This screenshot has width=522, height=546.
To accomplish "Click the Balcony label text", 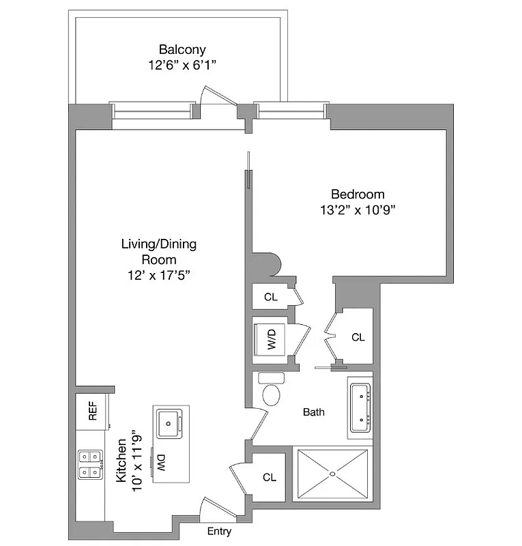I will coord(182,49).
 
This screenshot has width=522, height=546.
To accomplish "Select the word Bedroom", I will coord(358,194).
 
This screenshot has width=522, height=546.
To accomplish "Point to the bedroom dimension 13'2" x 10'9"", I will coord(358,210).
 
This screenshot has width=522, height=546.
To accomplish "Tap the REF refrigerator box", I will coord(92,411).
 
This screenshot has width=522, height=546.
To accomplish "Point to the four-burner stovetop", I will coord(90,464).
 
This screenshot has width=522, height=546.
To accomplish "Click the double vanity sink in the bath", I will coord(360,407).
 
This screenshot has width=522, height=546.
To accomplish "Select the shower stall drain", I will coord(334,473).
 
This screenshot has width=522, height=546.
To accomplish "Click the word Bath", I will coord(314,412).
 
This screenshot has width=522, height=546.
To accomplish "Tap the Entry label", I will coord(219,532).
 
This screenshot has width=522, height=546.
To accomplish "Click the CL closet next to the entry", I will coord(270,478).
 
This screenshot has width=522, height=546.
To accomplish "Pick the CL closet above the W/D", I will coord(270,297).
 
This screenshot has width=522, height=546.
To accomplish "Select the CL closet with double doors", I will coord(358,337).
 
